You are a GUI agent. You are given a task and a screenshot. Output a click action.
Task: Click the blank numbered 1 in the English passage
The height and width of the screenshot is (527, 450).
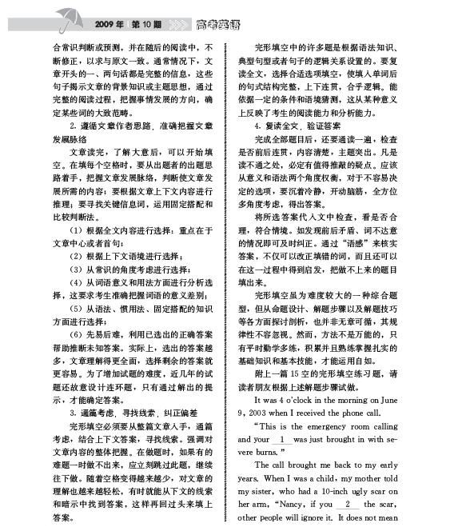pos(281,439)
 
